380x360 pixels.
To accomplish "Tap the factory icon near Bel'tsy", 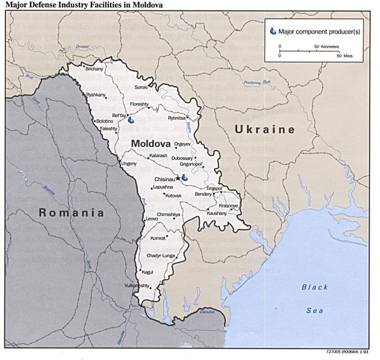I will coord(130,122).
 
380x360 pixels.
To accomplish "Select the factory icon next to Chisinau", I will coord(185,177).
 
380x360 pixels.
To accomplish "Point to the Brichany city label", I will coord(94,69).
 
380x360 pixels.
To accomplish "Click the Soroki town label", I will coord(141,87).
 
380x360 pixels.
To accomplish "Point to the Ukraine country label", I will coord(264,130).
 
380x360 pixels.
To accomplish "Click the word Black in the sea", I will coord(315,287).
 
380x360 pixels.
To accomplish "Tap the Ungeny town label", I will coord(129,163).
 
